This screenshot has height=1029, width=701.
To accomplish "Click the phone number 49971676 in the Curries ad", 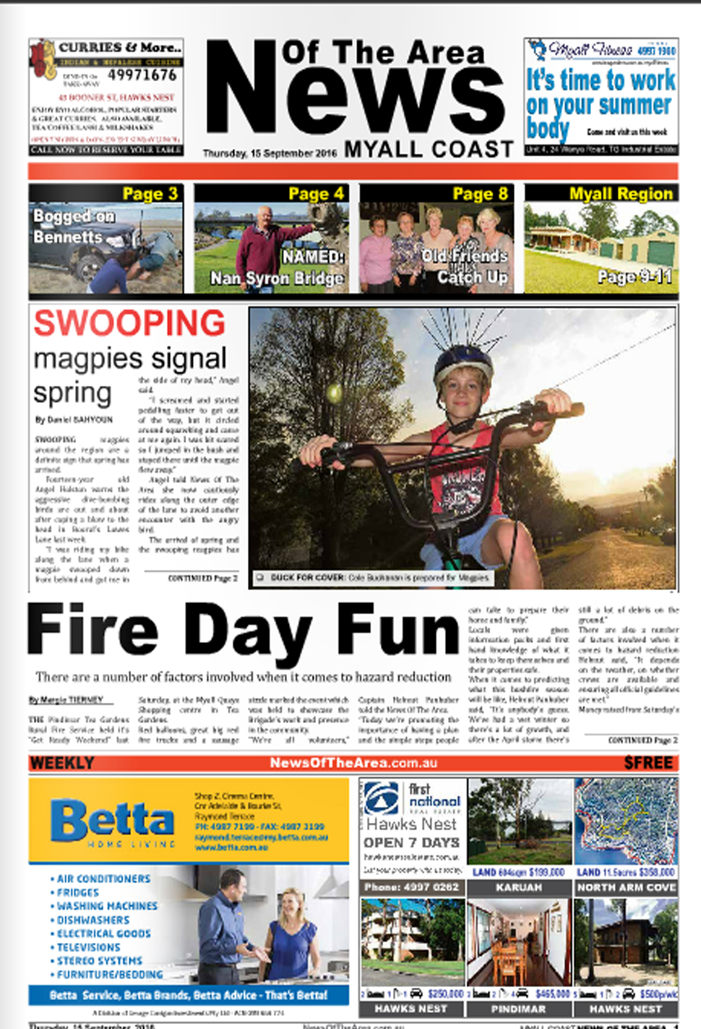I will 142,75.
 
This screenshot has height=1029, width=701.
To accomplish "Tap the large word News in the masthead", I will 354,90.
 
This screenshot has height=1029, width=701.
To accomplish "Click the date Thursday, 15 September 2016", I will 270,153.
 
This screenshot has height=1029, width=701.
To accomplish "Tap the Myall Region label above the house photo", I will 621,194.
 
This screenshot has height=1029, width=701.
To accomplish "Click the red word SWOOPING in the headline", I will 129,323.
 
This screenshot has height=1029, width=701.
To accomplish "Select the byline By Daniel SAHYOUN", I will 74,419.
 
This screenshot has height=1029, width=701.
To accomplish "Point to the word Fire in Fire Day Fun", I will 93,631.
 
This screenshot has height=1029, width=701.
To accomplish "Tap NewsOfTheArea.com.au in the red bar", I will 353,763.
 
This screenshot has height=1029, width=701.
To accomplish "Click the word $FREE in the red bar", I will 648,763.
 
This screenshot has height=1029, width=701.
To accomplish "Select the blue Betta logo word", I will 112,821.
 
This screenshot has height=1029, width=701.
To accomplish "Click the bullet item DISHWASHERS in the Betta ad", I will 93,920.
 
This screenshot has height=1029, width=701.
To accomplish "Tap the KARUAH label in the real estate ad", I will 518,887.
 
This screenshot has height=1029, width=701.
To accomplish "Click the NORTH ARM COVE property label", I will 626,887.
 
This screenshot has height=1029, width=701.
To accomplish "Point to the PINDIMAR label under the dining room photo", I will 518,1009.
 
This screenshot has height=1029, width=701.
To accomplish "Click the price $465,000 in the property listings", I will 553,994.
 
